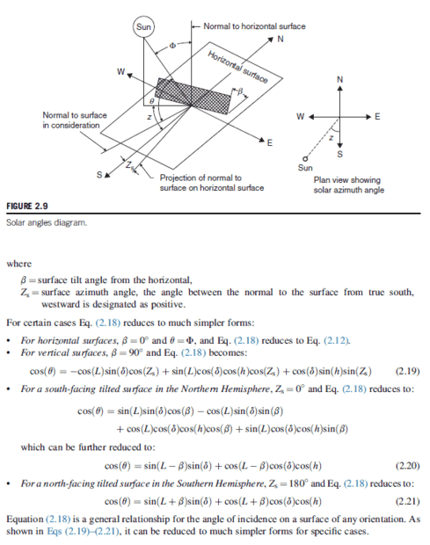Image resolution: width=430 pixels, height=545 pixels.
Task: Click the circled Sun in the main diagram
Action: pos(143,26)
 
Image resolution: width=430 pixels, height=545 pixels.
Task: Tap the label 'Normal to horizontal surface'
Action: pos(254,26)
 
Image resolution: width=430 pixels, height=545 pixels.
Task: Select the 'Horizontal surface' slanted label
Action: pos(238,67)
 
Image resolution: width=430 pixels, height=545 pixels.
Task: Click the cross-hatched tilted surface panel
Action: pos(193,96)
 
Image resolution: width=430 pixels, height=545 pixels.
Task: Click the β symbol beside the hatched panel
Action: pos(239,91)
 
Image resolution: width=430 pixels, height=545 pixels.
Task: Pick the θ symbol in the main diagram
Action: pos(151,101)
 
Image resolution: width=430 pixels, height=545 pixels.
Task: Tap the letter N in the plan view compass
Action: pos(340,80)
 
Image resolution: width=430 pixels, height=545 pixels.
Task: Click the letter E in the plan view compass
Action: pos(377,117)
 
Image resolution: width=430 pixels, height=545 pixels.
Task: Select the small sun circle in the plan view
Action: pos(305,159)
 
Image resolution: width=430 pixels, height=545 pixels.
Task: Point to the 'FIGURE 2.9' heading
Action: pos(27,206)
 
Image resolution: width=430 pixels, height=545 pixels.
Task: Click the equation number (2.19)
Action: pos(407,371)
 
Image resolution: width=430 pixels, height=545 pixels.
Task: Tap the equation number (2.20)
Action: pos(407,466)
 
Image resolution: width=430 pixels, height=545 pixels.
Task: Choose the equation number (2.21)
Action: pos(407,502)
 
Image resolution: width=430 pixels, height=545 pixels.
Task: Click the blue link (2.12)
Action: pos(336,340)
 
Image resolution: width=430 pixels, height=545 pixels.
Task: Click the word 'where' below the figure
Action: pos(19,264)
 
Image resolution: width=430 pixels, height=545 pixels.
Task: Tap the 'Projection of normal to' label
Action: pos(200,178)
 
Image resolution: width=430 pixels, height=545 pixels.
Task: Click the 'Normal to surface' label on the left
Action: pos(75,115)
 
